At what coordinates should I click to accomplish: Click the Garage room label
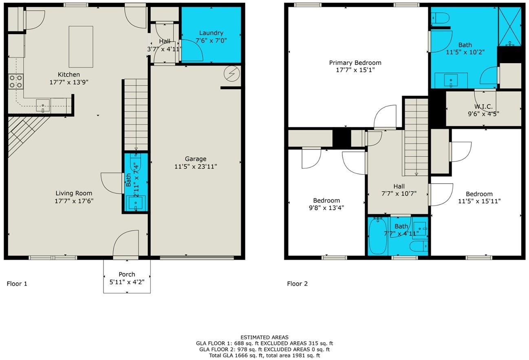pos(195,159)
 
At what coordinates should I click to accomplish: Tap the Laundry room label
pos(211,33)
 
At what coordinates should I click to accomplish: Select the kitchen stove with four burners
pos(16,81)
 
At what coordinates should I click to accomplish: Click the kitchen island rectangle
pos(81,46)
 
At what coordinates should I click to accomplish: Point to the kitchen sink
pos(42,105)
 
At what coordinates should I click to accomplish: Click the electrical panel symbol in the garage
pos(232,74)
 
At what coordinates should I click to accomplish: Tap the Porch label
pos(127,274)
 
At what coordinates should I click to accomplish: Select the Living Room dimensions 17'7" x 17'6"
pos(74,201)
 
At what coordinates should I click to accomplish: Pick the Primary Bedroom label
pos(355,63)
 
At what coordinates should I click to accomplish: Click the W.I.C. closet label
pos(483,106)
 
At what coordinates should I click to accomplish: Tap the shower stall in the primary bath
pos(509,26)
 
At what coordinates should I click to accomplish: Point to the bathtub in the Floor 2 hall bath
pos(378,236)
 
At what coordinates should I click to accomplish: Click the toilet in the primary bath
pos(441,18)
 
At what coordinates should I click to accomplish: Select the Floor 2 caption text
pos(297,284)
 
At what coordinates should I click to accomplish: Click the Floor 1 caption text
pos(17,284)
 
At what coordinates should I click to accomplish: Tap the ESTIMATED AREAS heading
pos(264,337)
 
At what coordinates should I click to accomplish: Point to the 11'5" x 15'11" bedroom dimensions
pos(479,201)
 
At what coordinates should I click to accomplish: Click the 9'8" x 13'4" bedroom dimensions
pos(326,207)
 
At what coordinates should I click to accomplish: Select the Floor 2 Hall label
pos(399,187)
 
